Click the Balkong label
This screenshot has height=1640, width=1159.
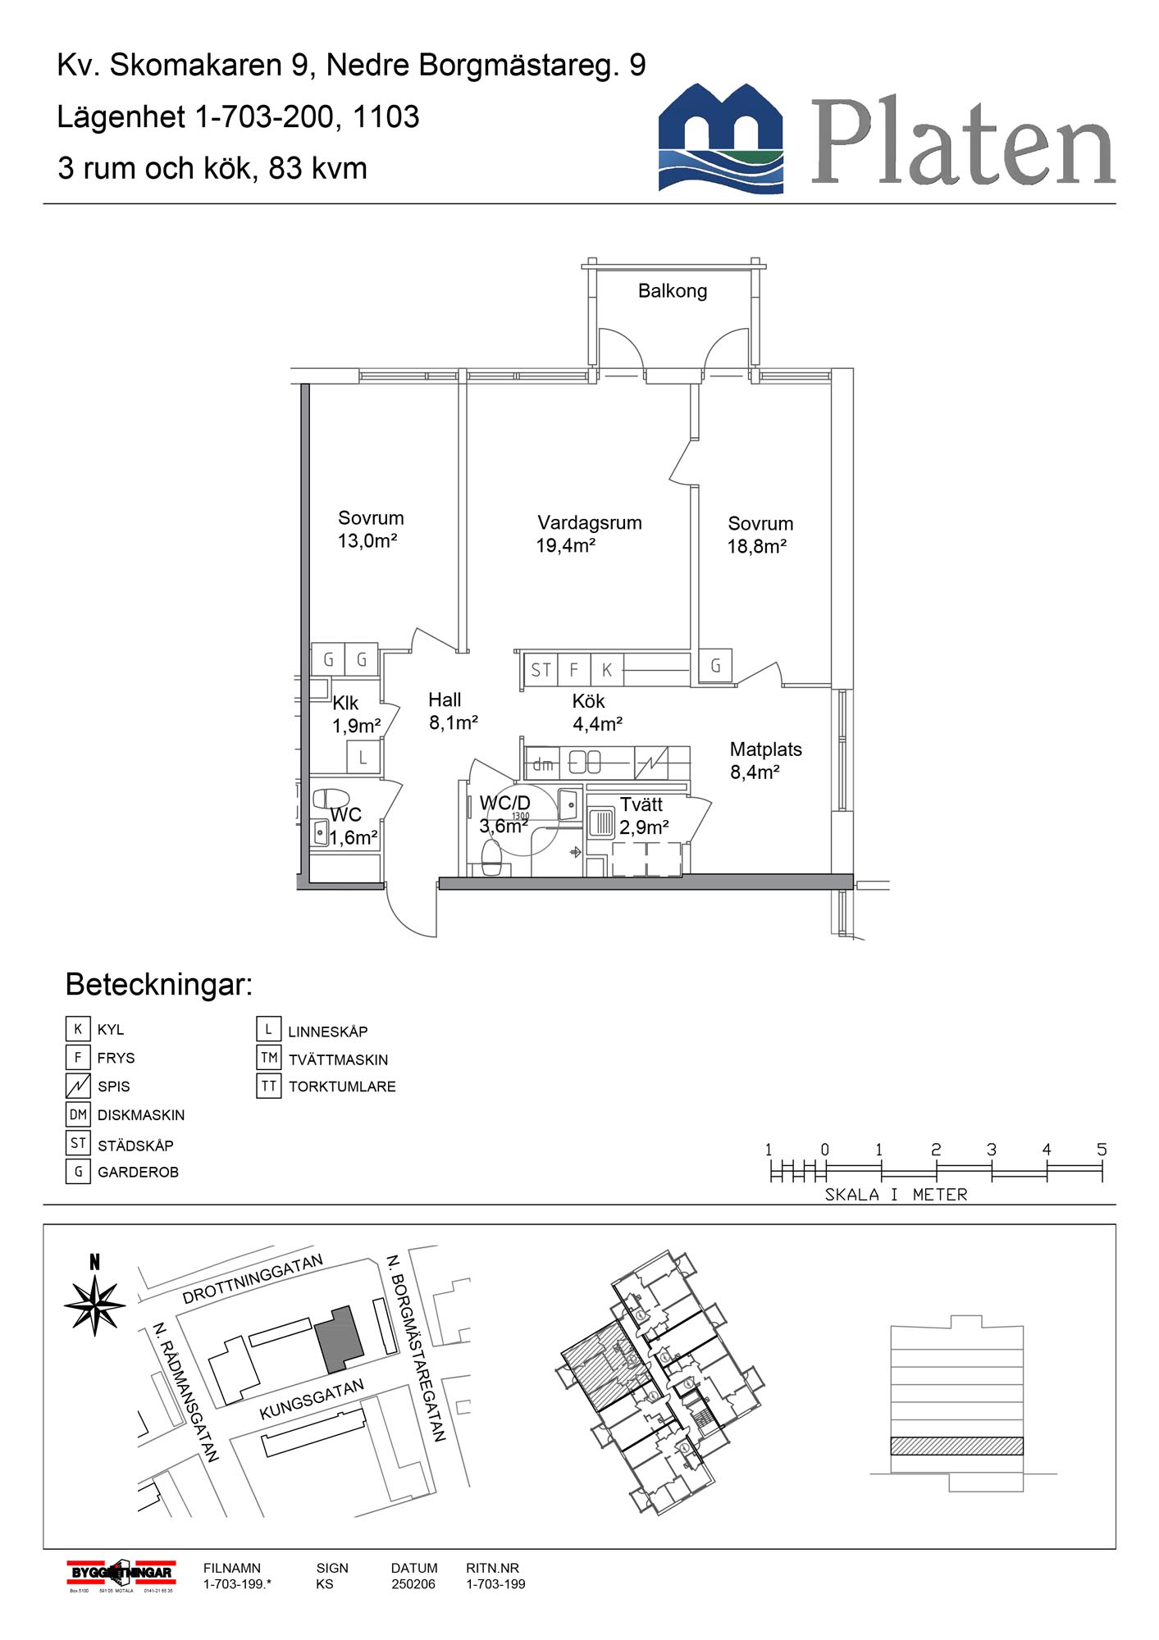click(x=672, y=291)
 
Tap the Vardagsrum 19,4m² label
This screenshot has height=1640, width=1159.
click(x=588, y=534)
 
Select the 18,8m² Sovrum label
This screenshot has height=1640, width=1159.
click(x=760, y=535)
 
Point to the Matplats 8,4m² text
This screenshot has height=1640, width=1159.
click(x=764, y=760)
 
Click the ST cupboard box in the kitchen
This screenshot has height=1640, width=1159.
click(x=541, y=670)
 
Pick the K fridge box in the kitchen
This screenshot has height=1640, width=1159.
click(x=607, y=670)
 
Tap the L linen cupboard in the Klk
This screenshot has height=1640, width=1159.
click(x=363, y=758)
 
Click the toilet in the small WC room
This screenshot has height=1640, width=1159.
click(x=331, y=799)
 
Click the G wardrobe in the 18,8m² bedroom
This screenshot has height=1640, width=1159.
click(x=715, y=666)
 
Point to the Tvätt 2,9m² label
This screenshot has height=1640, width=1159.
click(x=643, y=816)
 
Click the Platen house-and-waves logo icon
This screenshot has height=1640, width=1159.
click(x=720, y=138)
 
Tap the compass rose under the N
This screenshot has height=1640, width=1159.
click(x=95, y=1304)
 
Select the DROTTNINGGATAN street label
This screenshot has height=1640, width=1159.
click(x=253, y=1279)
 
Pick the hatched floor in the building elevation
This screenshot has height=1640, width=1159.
click(x=956, y=1446)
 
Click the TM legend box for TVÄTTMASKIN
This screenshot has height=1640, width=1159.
click(x=269, y=1058)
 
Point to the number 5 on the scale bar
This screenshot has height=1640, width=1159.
click(x=1102, y=1150)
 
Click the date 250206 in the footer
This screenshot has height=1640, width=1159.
click(x=413, y=1584)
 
